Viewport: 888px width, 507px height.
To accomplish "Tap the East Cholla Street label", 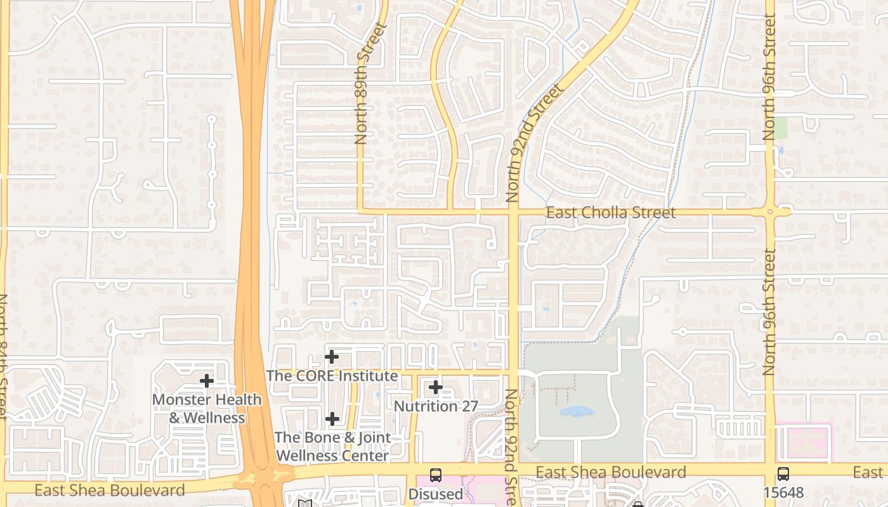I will tap(611, 212).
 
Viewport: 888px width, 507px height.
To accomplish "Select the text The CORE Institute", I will tap(332, 376).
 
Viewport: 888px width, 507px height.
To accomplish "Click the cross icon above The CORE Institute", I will tap(331, 357).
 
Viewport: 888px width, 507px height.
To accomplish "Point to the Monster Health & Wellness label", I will tap(207, 409).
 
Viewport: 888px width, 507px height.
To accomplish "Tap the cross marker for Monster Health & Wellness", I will tap(206, 381).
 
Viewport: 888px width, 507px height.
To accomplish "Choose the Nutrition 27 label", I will tap(436, 406).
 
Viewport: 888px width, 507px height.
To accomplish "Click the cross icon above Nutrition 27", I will tap(435, 387).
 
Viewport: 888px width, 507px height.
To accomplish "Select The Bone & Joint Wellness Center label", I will tap(332, 446).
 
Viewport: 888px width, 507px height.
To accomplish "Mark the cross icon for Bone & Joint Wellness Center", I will tap(332, 419).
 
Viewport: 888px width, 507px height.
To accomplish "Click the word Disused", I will tap(436, 494).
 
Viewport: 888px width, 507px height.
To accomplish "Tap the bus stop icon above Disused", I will tap(436, 475).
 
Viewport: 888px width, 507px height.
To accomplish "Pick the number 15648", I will tap(783, 492).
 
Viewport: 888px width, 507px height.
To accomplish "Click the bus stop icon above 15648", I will tap(783, 473).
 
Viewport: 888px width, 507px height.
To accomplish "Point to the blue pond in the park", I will tap(577, 412).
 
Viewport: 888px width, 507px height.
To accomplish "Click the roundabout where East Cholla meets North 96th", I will tap(769, 212).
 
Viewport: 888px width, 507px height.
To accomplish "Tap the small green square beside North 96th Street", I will tap(780, 128).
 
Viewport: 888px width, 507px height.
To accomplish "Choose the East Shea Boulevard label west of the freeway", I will tap(110, 490).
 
